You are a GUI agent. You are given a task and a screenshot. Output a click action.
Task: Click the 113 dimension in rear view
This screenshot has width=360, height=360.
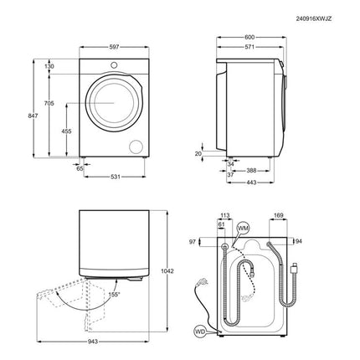pyautogui.click(x=224, y=214)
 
